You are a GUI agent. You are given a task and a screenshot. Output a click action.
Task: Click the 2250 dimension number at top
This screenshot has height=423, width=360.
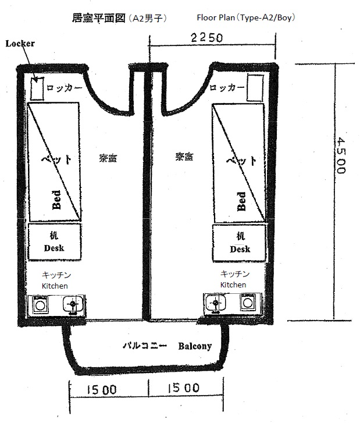click(x=207, y=38)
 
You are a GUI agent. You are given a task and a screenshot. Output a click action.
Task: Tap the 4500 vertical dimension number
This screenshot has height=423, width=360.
click(x=341, y=155)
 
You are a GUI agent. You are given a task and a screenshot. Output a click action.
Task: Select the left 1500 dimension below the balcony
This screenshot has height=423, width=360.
click(x=102, y=390)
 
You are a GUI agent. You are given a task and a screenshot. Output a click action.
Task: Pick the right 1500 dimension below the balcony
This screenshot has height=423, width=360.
click(x=184, y=388)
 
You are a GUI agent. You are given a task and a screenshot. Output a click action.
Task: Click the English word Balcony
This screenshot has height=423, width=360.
click(x=195, y=346)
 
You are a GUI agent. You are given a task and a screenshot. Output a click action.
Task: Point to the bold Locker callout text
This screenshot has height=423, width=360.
click(x=20, y=44)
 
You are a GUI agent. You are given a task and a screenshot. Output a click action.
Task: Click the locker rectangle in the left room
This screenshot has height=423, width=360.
click(x=37, y=89)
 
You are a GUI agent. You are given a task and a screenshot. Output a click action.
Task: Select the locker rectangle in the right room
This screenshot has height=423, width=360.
click(x=255, y=88)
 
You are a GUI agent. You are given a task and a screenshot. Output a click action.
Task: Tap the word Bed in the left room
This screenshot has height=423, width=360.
click(x=56, y=200)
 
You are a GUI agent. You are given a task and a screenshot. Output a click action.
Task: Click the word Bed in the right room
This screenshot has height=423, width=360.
click(x=241, y=201)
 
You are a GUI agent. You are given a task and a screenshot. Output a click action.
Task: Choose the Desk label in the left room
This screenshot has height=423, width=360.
click(x=54, y=248)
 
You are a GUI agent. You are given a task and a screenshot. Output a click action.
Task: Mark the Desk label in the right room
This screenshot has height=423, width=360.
click(x=240, y=249)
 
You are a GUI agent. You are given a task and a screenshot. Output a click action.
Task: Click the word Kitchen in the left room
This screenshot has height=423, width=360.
click(x=55, y=286)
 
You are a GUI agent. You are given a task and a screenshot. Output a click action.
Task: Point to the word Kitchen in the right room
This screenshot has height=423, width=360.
click(x=233, y=285)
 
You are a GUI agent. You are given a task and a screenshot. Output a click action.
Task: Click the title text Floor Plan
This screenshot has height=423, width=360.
click(x=216, y=18)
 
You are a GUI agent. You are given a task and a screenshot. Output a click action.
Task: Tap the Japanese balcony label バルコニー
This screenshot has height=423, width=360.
click(x=145, y=345)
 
